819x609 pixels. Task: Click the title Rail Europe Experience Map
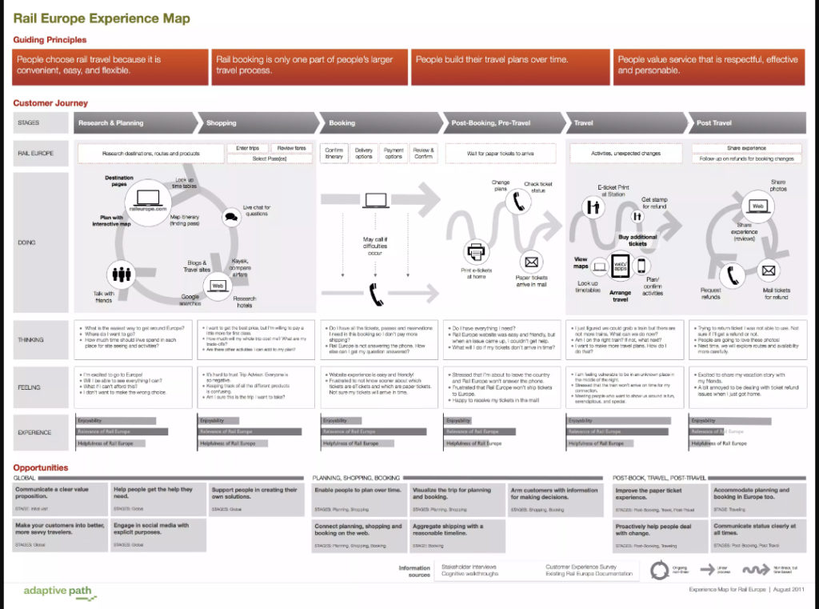coord(102,18)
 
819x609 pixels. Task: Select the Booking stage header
coord(342,122)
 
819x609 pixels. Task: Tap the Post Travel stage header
coord(714,122)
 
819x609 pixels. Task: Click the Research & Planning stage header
coord(110,122)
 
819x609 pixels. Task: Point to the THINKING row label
coord(31,339)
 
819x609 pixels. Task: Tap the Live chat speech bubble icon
coord(231,215)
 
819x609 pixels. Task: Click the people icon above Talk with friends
coord(122,274)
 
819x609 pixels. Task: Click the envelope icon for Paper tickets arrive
coord(530,261)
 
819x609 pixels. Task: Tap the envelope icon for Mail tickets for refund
coord(769,271)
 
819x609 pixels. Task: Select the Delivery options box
coord(364,153)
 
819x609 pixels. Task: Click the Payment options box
coord(394,153)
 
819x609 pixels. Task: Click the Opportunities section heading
coord(41,467)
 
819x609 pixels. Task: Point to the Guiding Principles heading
coord(50,39)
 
